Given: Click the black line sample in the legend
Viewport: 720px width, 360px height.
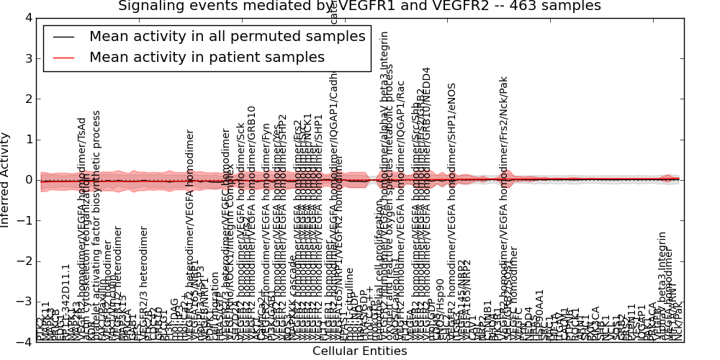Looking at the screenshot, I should [63, 37].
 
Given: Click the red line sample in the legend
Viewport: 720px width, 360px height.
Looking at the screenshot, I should [63, 57].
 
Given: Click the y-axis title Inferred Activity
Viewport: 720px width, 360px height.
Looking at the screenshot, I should [6, 180].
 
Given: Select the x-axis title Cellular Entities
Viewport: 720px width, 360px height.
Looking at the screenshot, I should [359, 351].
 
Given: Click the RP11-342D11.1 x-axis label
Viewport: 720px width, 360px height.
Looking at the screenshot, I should [66, 302].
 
